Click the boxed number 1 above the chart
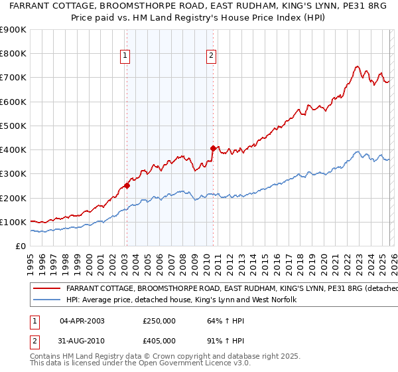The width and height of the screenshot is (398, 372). pos(126,56)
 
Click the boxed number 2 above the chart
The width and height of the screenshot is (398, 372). pos(212,56)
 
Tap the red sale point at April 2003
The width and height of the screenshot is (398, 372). pos(127,186)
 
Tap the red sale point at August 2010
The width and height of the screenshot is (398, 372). pos(213,148)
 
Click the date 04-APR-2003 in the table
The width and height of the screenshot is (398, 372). pos(82,320)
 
